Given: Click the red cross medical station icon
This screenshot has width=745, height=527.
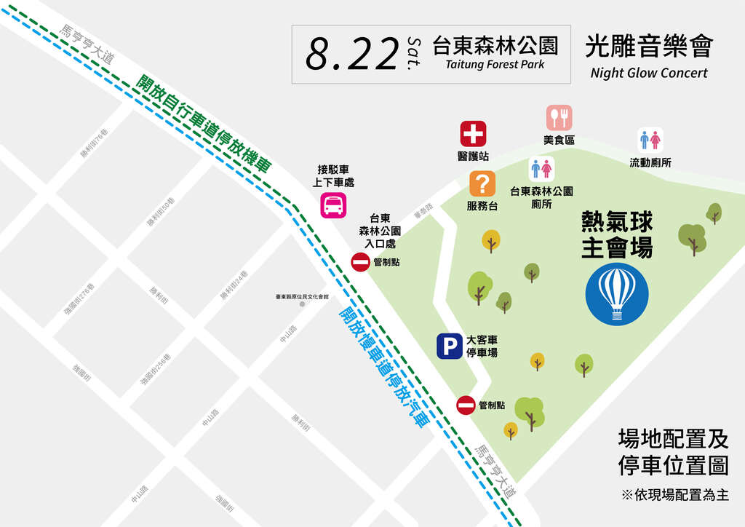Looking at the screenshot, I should click(473, 134).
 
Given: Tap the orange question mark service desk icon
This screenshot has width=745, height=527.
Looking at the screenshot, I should click(482, 183).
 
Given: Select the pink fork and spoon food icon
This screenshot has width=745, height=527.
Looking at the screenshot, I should click(559, 117).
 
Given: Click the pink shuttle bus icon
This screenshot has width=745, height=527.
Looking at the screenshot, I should click(333, 205).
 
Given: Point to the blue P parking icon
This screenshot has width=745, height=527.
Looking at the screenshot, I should click(449, 346).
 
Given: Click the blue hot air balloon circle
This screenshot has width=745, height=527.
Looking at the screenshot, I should click(617, 294).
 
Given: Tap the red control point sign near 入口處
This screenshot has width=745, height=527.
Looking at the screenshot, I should click(361, 263).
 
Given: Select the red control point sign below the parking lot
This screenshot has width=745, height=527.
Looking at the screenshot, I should click(466, 405).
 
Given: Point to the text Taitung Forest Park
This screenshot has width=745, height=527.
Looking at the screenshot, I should click(495, 65).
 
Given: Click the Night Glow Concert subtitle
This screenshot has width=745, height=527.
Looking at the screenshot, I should click(649, 73).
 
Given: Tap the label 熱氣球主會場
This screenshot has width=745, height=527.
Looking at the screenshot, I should click(617, 235).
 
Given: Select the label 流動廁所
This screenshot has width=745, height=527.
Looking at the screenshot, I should click(650, 162).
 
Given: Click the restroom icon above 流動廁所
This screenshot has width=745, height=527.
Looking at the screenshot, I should click(650, 140).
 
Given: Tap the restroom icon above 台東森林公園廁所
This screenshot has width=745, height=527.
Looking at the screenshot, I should click(541, 169).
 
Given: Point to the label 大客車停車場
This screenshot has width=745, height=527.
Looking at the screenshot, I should click(482, 346).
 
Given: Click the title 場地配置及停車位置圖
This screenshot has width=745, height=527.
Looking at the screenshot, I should click(672, 452).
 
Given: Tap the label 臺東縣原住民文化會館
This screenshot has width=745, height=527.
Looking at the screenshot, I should click(302, 296).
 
